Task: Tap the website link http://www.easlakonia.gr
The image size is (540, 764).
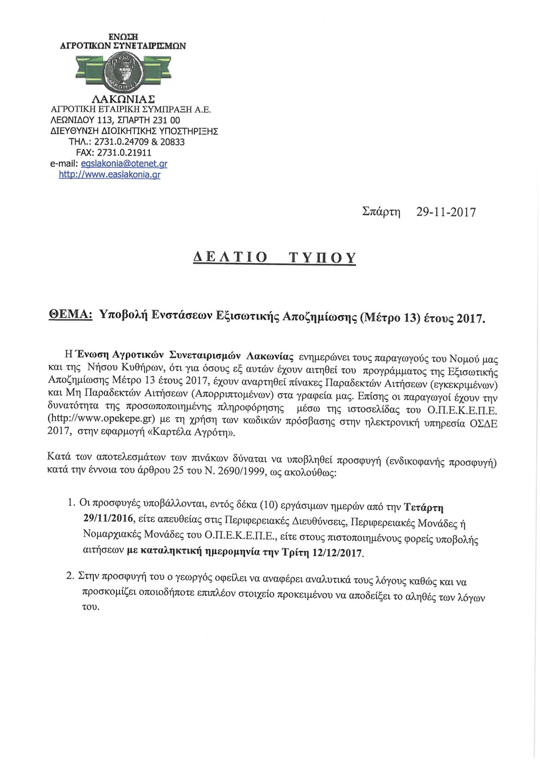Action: click(x=109, y=175)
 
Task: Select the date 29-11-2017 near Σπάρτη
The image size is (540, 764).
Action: click(x=446, y=212)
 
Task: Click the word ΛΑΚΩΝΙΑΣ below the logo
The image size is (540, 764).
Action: click(x=122, y=99)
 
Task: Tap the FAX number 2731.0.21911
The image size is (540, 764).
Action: click(x=129, y=153)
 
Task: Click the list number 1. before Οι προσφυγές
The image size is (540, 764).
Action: click(x=71, y=503)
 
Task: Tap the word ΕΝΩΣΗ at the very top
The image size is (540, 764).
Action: click(x=123, y=37)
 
